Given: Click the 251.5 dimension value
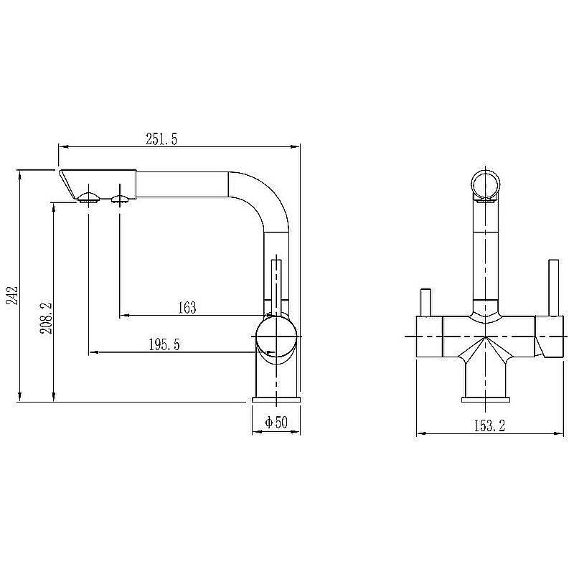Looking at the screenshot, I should pos(161,140).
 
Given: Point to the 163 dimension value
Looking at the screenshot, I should pos(186,308).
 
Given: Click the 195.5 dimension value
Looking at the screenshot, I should pos(164,345).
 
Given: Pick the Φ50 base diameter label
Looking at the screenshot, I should pos(276,423).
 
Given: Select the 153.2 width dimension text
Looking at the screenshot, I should pos(490,425).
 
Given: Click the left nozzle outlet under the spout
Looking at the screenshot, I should pos(88,197).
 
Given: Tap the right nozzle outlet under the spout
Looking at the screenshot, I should pos(120,197).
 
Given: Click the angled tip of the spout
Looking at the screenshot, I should pos(67,183).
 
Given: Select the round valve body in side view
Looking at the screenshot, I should pos(276,337).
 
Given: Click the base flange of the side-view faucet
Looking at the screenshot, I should pos(276,398).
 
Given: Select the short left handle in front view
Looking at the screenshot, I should pos(424,301).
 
